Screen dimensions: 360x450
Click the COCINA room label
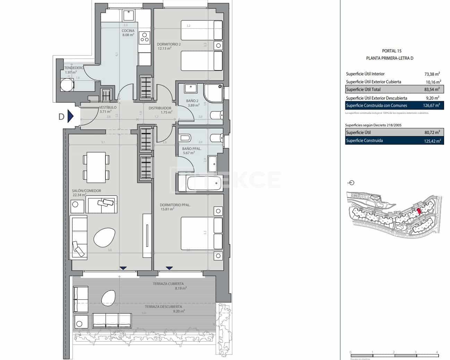128,31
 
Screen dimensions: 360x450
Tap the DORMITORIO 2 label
169,44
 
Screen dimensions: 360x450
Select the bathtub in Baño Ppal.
204,183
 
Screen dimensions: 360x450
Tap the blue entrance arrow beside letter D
70,116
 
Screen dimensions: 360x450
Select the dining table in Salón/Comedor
96,167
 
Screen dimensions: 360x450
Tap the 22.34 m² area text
79,195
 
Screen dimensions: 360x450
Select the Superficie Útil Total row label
363,90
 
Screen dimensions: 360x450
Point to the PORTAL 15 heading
391,51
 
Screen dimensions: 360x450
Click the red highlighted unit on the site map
419,211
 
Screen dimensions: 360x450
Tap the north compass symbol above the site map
351,183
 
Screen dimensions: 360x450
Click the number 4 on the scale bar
437,352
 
